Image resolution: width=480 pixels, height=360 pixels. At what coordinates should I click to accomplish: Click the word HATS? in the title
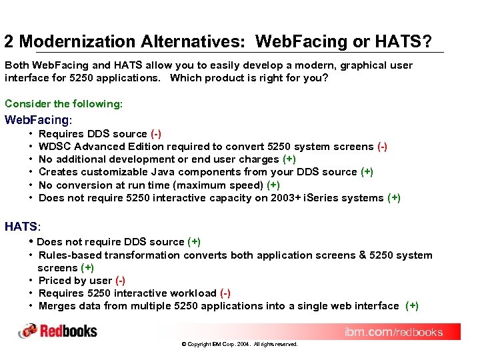pyautogui.click(x=403, y=42)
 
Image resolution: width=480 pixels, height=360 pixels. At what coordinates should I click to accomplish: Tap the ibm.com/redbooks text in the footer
pyautogui.click(x=393, y=332)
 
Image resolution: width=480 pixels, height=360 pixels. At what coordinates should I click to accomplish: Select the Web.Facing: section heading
pyautogui.click(x=37, y=120)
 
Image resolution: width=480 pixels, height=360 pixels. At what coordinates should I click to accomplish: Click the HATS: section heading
pyautogui.click(x=23, y=227)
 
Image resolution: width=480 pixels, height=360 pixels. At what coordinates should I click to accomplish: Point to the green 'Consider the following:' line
pyautogui.click(x=63, y=103)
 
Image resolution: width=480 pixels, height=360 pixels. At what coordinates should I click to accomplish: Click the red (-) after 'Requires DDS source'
pyautogui.click(x=155, y=134)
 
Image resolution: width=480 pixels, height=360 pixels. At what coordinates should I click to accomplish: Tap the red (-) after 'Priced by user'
pyautogui.click(x=120, y=281)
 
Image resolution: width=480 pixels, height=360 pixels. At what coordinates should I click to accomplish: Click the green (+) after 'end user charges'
pyautogui.click(x=289, y=159)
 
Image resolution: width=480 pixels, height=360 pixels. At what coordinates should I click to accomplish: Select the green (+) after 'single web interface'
pyautogui.click(x=412, y=306)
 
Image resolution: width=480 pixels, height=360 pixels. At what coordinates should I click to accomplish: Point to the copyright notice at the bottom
pyautogui.click(x=239, y=345)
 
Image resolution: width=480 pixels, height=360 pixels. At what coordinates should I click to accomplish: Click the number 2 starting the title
pyautogui.click(x=9, y=42)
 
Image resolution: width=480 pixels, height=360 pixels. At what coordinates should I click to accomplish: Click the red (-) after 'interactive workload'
pyautogui.click(x=225, y=293)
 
